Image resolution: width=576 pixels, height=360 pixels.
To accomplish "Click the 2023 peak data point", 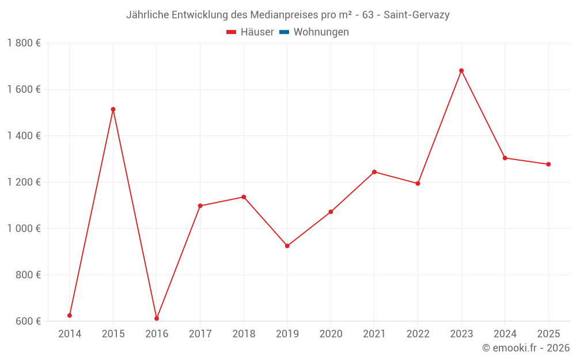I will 461,71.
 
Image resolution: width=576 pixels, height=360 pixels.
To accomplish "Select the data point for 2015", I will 113,109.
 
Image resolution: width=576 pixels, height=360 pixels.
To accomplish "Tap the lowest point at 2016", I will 157,319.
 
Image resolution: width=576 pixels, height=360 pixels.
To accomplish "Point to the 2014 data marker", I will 70,316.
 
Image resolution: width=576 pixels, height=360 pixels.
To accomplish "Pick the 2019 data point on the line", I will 287,246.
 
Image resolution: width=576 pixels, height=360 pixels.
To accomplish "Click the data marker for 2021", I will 374,172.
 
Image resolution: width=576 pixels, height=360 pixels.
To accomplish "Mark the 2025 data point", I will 548,164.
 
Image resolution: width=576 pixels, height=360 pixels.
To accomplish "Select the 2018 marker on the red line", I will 244,197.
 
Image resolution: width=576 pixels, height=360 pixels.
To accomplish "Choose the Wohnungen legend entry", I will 321,32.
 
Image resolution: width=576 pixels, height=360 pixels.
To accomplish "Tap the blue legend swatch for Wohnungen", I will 284,32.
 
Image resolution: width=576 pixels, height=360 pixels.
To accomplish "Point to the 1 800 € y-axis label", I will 24,43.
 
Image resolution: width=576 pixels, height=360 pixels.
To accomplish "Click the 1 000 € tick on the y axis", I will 24,229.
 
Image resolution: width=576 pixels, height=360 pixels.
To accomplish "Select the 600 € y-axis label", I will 28,321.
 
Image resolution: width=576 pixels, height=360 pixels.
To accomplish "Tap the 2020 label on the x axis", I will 331,334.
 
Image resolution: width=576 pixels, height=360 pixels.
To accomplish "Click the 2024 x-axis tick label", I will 505,334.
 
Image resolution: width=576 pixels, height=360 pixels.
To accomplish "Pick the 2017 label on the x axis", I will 200,334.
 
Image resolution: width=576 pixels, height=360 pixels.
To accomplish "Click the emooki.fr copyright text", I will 525,348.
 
